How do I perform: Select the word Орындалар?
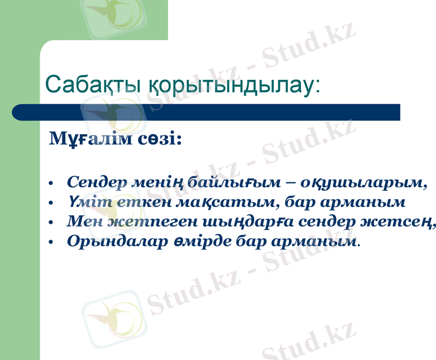click(x=114, y=241)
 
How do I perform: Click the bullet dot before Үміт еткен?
click(x=52, y=203)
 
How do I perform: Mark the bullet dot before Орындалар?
click(x=52, y=242)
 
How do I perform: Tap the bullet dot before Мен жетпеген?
click(x=52, y=223)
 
